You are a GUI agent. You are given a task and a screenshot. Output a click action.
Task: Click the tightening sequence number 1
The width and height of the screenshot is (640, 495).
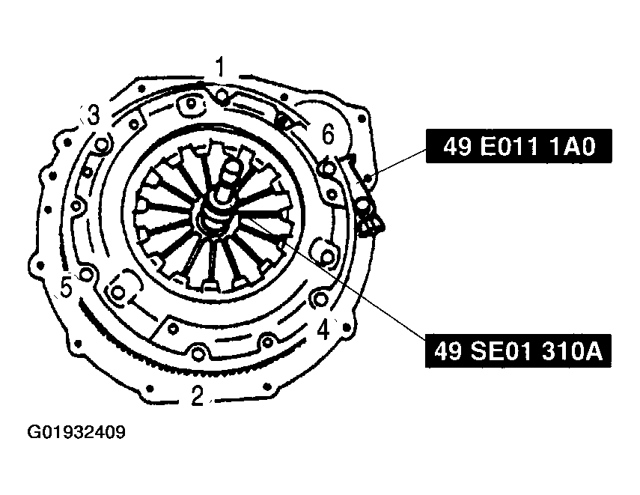(220, 67)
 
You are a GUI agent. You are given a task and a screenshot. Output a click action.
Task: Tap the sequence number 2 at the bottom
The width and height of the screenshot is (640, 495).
(197, 395)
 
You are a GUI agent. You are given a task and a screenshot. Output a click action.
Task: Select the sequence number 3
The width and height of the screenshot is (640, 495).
(94, 115)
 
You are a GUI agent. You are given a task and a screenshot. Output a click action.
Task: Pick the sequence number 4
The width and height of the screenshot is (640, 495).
(323, 330)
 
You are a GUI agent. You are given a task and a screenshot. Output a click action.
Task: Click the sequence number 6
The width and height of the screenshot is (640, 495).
(328, 134)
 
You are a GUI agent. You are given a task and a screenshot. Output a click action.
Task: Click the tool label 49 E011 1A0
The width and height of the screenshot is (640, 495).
(519, 146)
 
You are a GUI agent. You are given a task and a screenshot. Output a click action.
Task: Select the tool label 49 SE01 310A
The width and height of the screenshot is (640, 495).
(519, 350)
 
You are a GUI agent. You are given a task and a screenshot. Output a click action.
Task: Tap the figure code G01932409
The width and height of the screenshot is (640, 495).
(76, 432)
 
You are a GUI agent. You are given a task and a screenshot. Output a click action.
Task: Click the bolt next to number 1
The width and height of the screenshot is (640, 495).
(222, 96)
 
